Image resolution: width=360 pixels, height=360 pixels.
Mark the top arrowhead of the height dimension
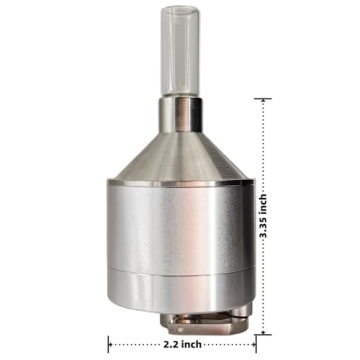(x=264, y=103)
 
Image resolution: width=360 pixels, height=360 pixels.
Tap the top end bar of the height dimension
(x=264, y=98)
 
